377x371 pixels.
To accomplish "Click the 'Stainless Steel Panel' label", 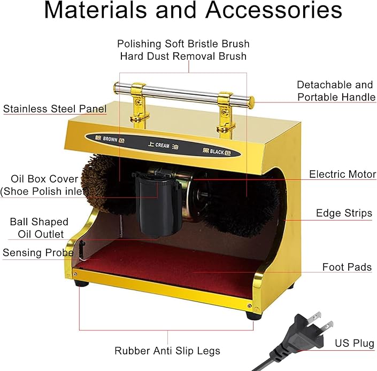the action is click(55, 109).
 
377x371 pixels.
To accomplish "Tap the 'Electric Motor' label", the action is click(343, 174).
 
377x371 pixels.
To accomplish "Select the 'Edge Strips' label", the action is click(344, 213).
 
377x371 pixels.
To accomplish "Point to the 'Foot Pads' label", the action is click(347, 267).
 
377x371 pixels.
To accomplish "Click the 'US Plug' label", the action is click(355, 343).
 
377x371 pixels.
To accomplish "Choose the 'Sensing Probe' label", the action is click(38, 252).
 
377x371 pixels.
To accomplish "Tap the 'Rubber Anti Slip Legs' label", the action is click(167, 351).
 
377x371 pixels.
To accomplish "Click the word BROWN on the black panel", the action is click(110, 139).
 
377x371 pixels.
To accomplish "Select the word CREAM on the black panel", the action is click(162, 145).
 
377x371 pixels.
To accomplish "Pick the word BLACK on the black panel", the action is click(217, 152).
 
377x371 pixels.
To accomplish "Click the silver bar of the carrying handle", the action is click(184, 92).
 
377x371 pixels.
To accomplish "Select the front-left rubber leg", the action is click(81, 283).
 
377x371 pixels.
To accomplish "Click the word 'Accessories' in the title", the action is click(274, 10).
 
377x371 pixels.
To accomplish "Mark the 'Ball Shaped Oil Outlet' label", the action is click(39, 228).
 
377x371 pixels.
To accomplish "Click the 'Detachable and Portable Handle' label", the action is click(336, 91).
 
